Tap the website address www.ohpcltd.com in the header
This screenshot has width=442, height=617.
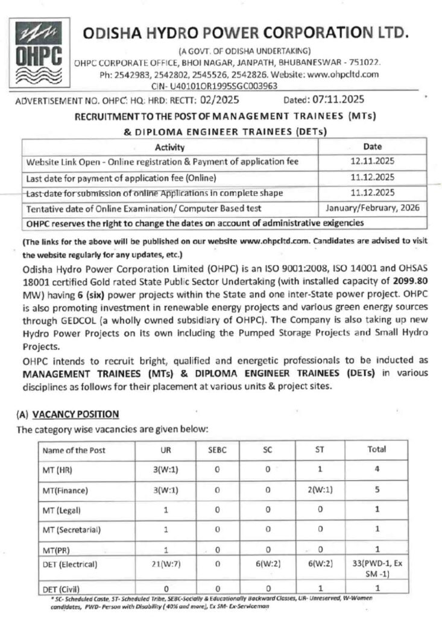(x=343, y=75)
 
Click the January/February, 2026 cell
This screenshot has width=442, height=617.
(x=370, y=208)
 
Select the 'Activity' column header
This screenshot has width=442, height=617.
(x=169, y=147)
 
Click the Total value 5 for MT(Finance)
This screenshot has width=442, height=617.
(x=376, y=490)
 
